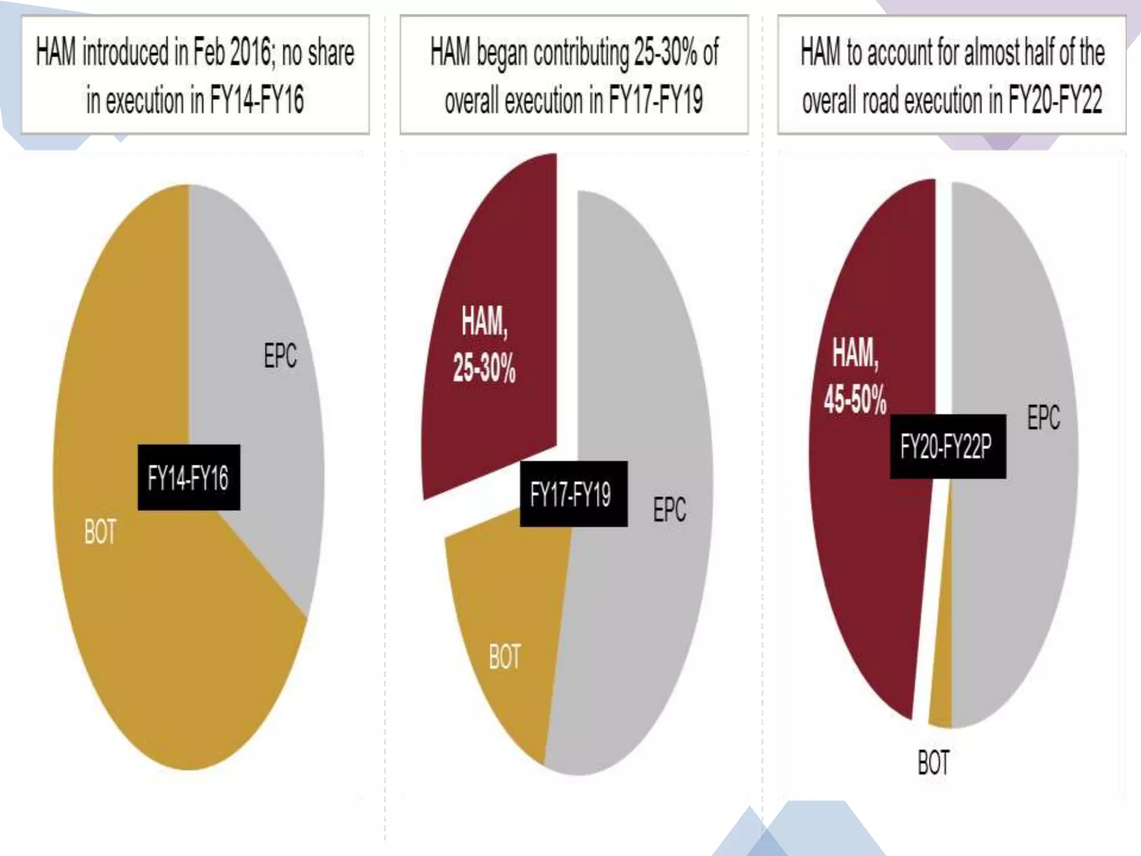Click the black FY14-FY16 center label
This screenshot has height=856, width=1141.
pos(189,477)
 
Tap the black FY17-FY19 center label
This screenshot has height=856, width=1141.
pos(573,494)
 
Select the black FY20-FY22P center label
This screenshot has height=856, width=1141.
pos(948,446)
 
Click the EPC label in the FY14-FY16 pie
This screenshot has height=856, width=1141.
pos(280,356)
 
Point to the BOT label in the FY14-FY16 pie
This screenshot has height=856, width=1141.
pos(100,532)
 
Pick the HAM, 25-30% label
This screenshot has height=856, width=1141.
pos(484,346)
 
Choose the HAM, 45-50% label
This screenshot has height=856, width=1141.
pos(855,377)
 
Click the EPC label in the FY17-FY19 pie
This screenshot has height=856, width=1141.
pos(670,509)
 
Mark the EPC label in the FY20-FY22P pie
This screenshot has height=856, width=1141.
pos(1044,417)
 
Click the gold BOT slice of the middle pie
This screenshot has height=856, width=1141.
pos(501,602)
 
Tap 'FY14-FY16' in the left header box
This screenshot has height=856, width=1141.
pos(257,101)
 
